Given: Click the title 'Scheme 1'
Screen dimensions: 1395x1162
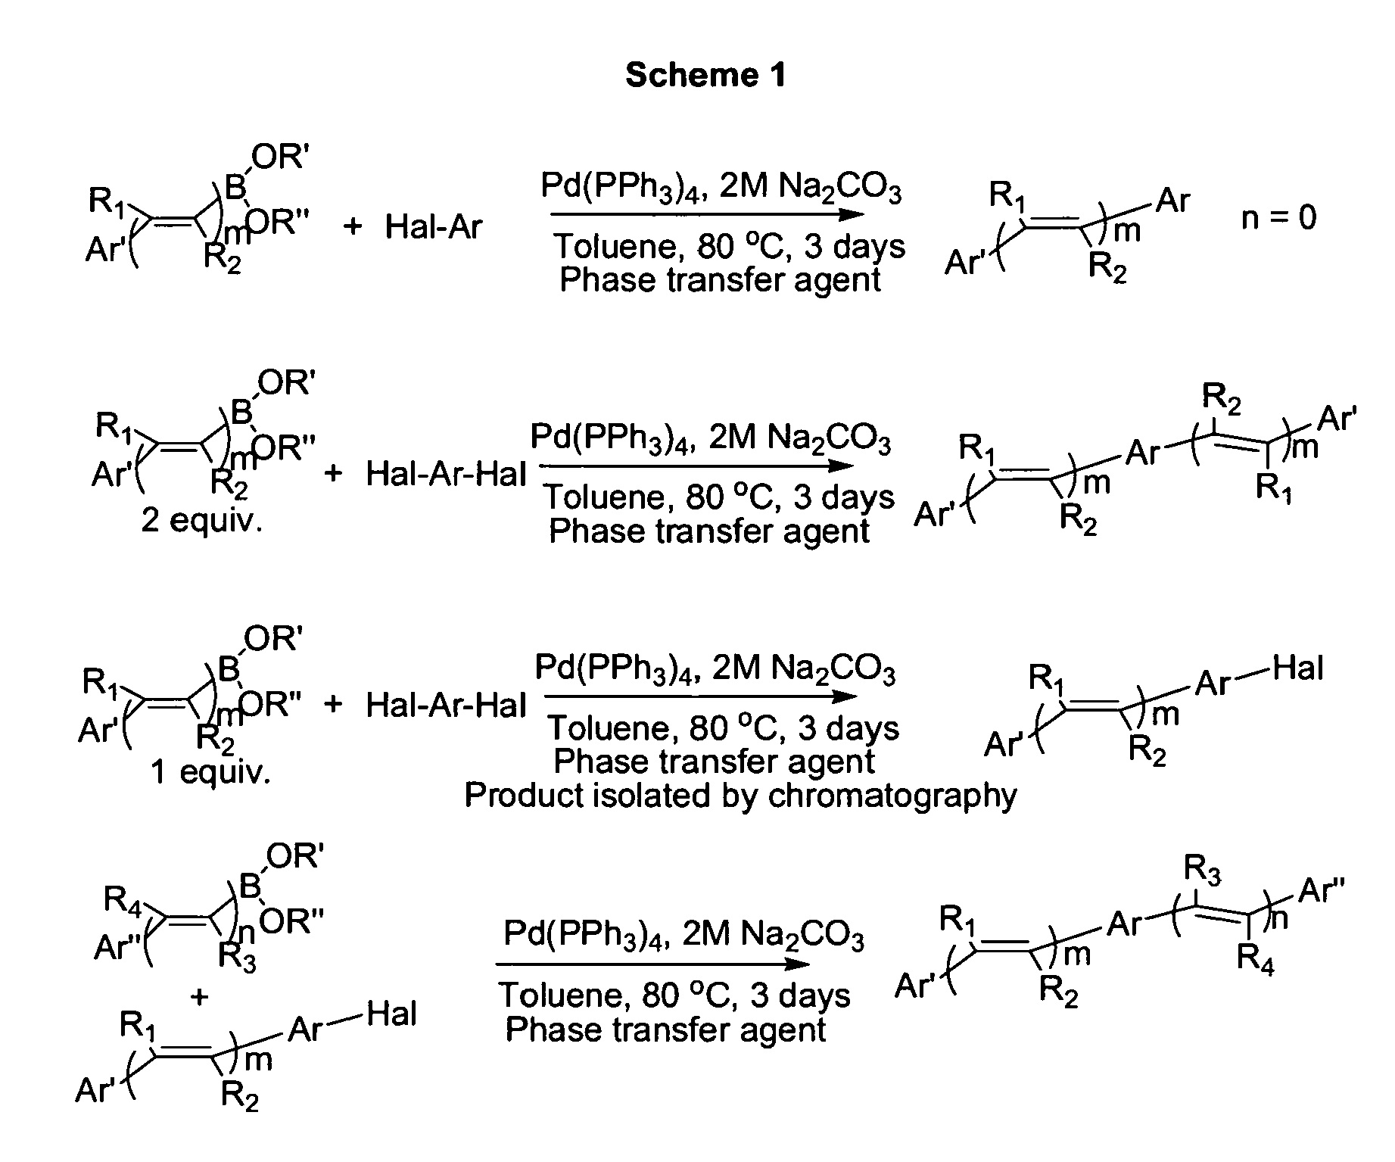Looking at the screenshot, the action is pos(705,75).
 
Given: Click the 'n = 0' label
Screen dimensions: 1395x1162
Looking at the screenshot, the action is pos(1279,218).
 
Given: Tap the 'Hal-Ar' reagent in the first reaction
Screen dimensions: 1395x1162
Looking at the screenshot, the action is pos(433,226).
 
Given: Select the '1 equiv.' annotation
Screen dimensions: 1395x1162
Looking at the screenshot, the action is pos(210,772).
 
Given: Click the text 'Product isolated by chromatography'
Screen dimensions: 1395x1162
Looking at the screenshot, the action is pos(740,796).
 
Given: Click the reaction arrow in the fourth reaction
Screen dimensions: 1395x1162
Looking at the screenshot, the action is pos(653,964).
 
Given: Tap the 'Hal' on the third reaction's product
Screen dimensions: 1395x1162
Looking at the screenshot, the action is pos(1298,668).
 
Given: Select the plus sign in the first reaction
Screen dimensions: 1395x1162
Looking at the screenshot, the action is pos(352,226).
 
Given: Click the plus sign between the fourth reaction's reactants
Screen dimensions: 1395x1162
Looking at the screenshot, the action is pos(200,997).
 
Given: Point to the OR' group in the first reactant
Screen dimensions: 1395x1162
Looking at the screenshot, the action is pos(280,157).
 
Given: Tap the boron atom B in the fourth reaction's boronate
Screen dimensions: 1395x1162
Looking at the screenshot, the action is pos(249,886).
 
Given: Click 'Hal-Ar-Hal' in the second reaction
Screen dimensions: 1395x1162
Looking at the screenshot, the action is pos(446,475).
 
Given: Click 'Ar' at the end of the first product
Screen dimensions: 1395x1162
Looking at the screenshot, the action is pos(1173,201).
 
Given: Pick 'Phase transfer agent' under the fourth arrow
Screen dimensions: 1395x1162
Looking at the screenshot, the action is pos(665,1030).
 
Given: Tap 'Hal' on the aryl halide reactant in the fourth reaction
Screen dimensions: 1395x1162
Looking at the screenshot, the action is pos(391,1014).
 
